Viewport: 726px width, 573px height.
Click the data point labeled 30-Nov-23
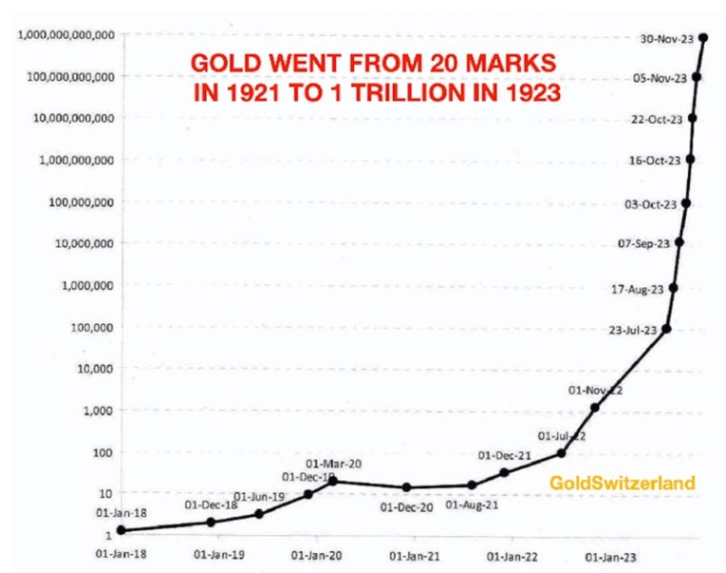(703, 37)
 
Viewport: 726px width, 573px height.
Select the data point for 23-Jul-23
(666, 329)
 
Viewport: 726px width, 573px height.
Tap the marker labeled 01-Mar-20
(333, 482)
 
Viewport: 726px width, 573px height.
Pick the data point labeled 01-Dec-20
(406, 487)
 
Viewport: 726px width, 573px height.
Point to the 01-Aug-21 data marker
(472, 485)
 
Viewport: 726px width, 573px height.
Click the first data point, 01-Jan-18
(121, 530)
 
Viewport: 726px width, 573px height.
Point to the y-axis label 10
(103, 493)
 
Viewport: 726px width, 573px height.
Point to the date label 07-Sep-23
(643, 244)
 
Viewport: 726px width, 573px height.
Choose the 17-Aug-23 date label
(638, 288)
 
